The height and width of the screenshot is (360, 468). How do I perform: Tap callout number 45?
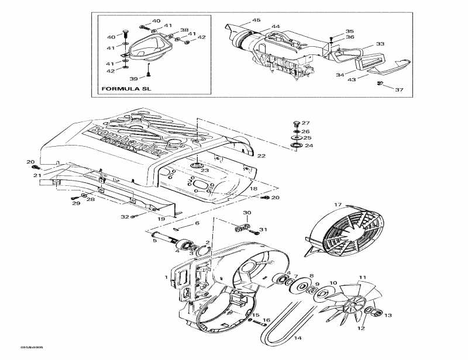pyautogui.click(x=256, y=20)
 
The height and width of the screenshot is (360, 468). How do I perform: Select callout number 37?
pyautogui.click(x=400, y=89)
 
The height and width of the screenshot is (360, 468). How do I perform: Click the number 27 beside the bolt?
pyautogui.click(x=305, y=123)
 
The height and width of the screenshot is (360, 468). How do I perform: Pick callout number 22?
pyautogui.click(x=261, y=155)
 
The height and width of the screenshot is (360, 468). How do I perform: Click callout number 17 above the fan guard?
pyautogui.click(x=338, y=204)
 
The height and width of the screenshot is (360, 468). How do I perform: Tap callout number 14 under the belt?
pyautogui.click(x=297, y=338)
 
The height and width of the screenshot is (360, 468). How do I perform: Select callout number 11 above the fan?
pyautogui.click(x=362, y=277)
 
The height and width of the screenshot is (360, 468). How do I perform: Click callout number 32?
pyautogui.click(x=125, y=217)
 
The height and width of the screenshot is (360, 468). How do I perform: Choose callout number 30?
pyautogui.click(x=247, y=213)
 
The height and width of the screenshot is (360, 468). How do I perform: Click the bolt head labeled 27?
pyautogui.click(x=295, y=123)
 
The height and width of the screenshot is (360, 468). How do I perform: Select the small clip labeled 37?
pyautogui.click(x=381, y=85)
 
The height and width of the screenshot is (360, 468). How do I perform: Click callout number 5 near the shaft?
pyautogui.click(x=155, y=239)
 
